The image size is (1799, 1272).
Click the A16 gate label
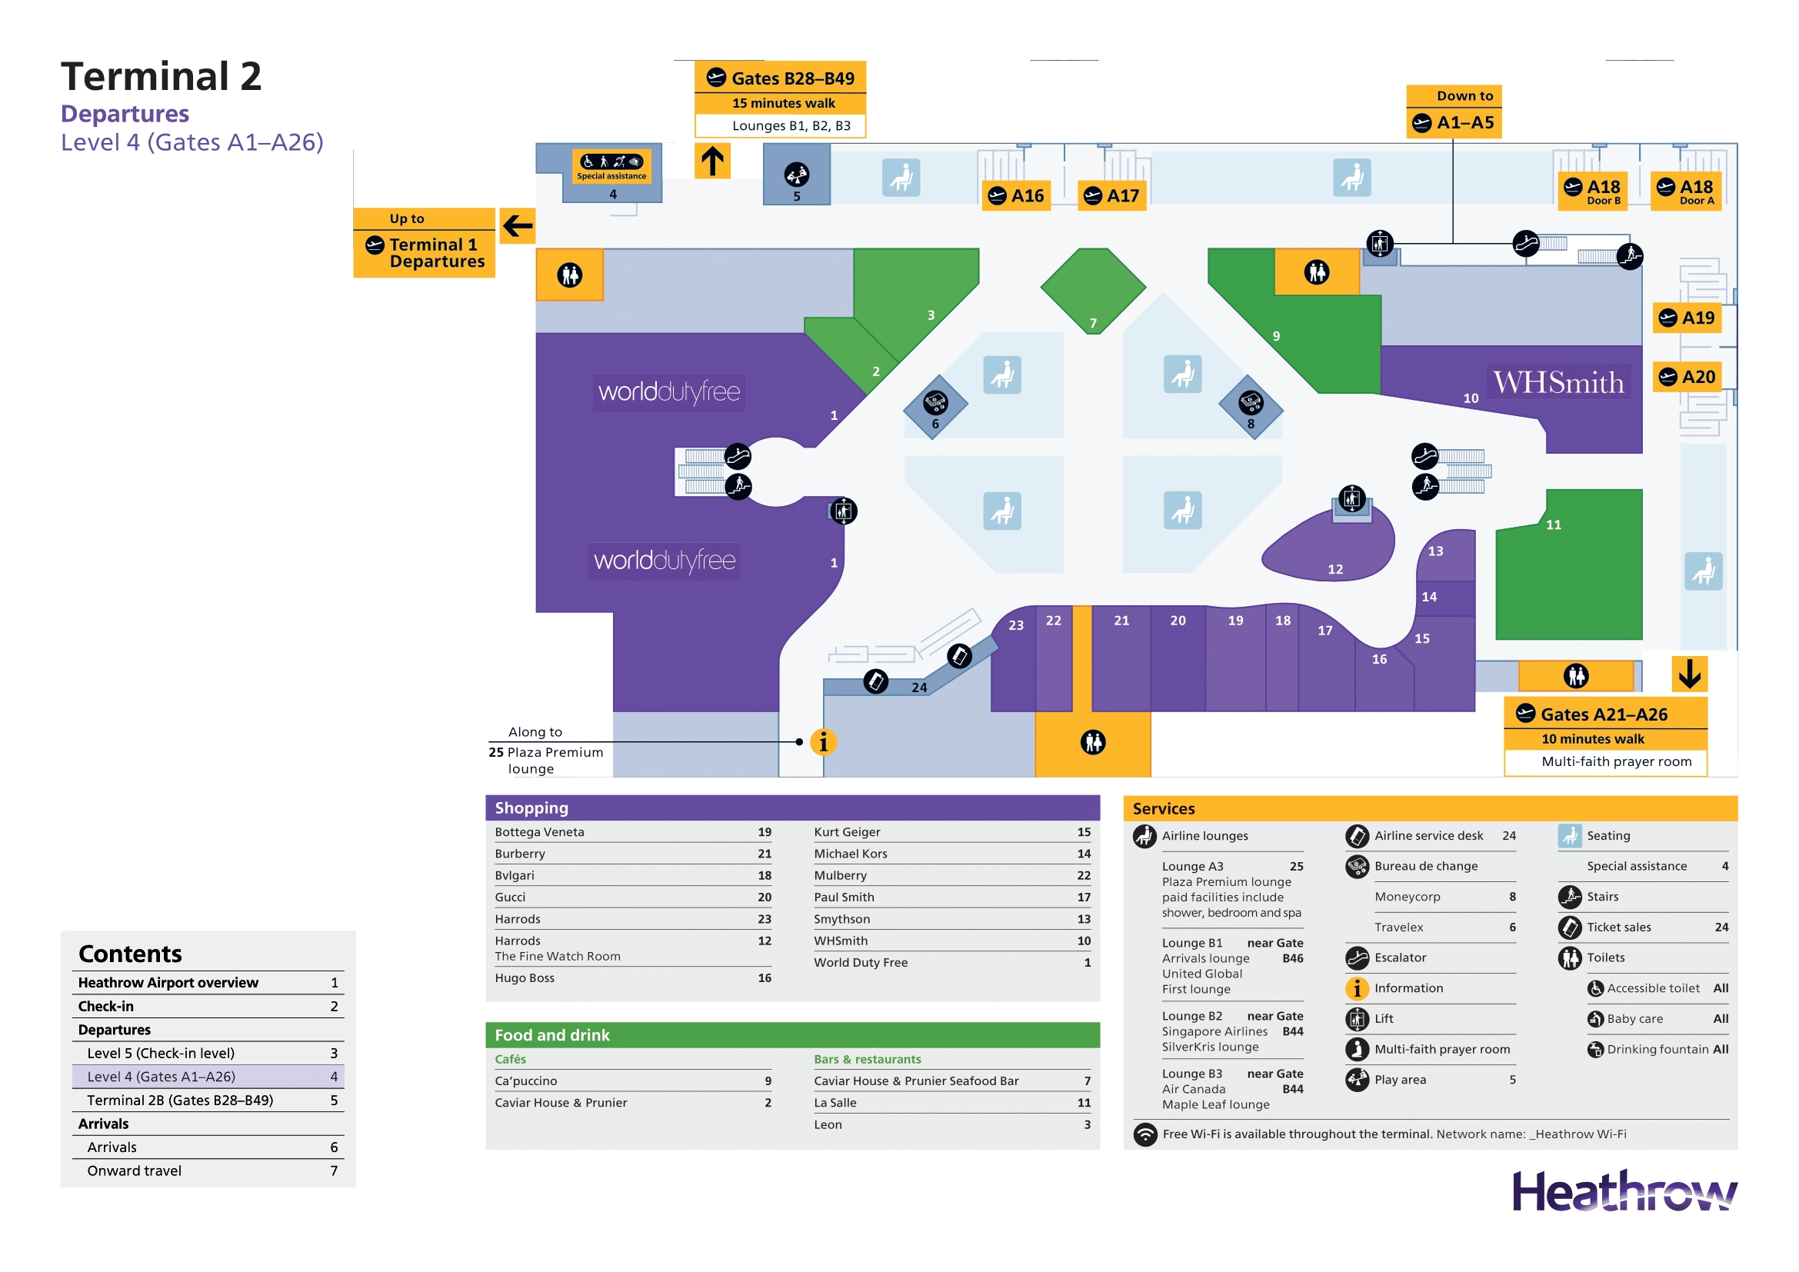1017,196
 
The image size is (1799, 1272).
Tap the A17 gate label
1113,196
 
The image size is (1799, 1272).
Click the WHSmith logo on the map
1558,383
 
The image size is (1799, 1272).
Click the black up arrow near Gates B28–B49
712,161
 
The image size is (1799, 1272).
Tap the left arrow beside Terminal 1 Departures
517,226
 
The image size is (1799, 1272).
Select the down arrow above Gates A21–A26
1689,674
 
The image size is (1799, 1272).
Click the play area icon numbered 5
797,175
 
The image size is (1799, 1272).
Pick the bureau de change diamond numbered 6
935,407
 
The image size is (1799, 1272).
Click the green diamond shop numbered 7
1093,291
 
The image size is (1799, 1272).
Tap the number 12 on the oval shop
1335,569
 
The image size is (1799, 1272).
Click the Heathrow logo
1624,1191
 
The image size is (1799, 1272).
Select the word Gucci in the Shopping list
510,897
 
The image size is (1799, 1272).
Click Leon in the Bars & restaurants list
828,1125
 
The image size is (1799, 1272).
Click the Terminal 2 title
162,77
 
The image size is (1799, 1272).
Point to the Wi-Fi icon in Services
1145,1134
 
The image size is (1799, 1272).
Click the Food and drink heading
551,1035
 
